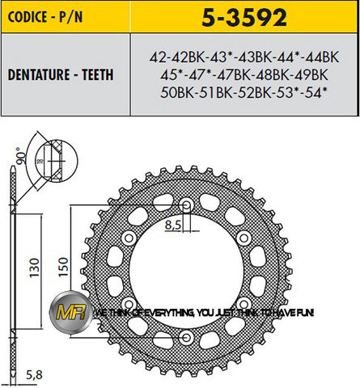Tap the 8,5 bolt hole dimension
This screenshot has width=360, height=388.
tap(170, 226)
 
